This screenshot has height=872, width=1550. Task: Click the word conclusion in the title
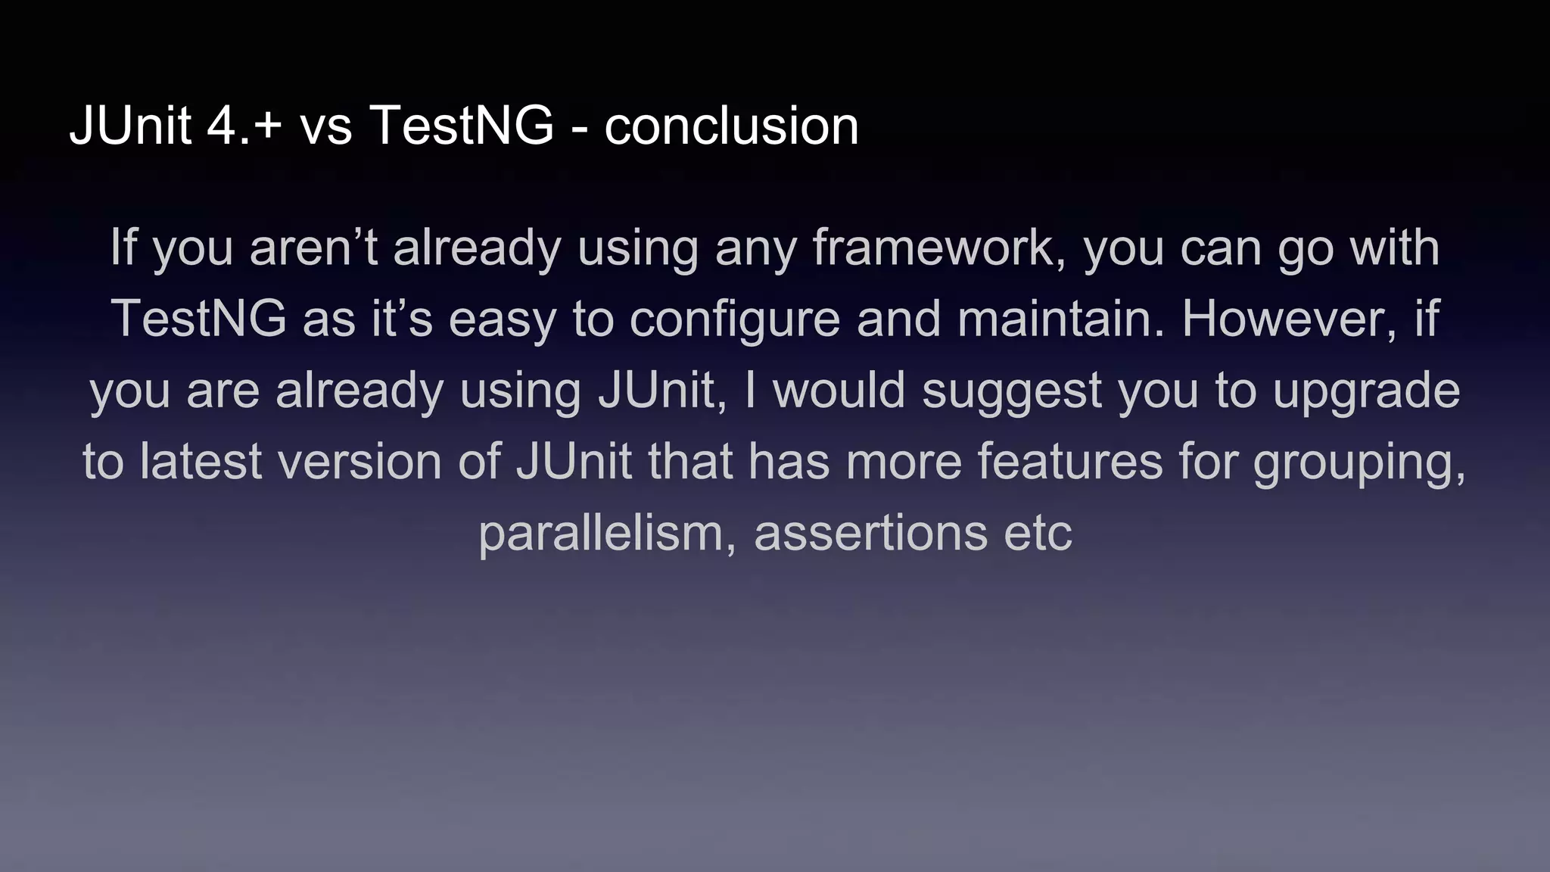coord(731,126)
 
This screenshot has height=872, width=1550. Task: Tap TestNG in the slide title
coord(462,126)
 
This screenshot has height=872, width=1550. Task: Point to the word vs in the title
coord(326,126)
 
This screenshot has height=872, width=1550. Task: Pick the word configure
coord(734,319)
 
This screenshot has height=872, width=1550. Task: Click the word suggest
coord(1011,391)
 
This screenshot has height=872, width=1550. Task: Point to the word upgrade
coord(1366,391)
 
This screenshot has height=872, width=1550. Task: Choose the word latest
coord(201,462)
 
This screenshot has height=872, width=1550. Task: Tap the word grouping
coord(1359,462)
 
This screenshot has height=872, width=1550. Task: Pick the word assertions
coord(870,533)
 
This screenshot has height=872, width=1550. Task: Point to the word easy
coord(502,319)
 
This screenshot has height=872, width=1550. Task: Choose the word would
coord(839,391)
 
